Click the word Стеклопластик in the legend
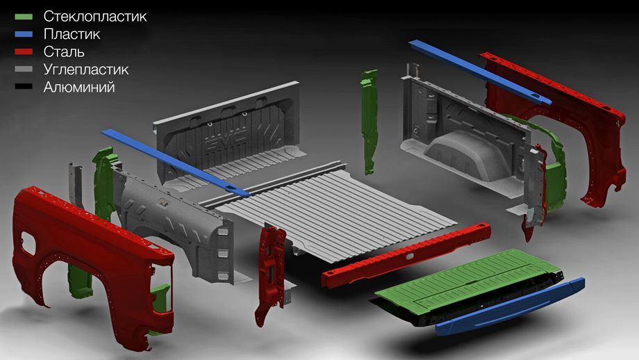coord(95,16)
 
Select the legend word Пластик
coord(72,34)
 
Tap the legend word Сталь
coord(64,52)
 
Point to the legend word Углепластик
coord(86,69)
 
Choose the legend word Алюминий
coord(79,88)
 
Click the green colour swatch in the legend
coord(24,17)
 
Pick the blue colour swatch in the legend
coord(24,34)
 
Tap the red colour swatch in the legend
coord(24,52)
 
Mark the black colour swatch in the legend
coord(24,87)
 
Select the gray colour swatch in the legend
coord(24,69)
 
